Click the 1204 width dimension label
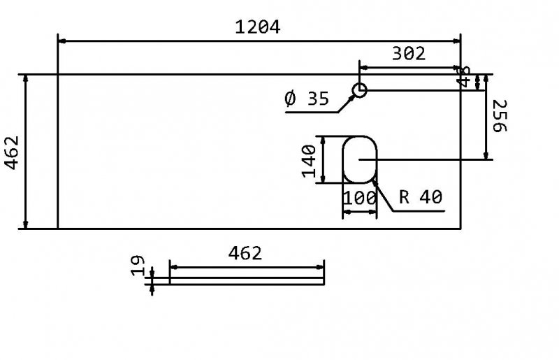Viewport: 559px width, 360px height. point(258,27)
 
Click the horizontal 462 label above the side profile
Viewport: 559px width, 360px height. point(245,253)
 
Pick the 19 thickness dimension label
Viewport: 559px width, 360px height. point(138,265)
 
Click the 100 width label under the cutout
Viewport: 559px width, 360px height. point(359,198)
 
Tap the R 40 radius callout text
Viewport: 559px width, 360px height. point(421,198)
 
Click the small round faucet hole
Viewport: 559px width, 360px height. point(359,90)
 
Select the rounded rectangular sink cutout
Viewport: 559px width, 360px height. point(359,159)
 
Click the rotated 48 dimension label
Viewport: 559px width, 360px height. point(463,77)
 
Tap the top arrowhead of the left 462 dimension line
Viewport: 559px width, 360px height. point(26,78)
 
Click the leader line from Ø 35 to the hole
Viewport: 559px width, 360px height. point(344,103)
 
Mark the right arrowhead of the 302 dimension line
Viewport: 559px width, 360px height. point(457,68)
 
